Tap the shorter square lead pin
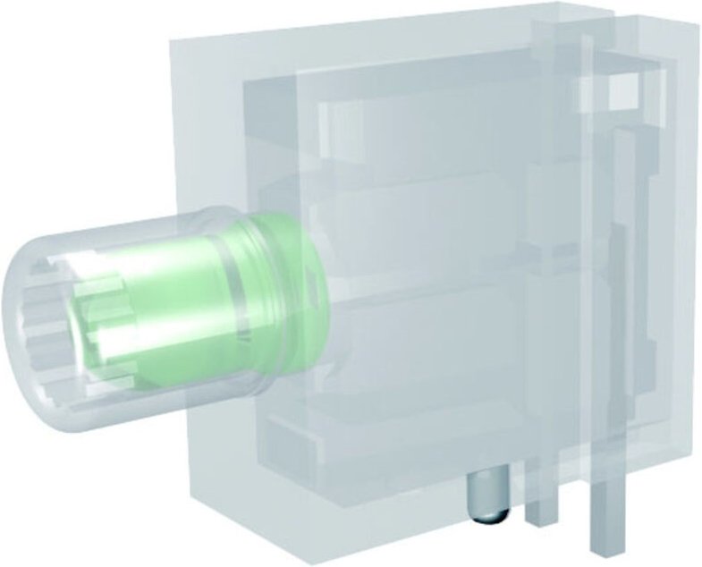pyautogui.click(x=540, y=502)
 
